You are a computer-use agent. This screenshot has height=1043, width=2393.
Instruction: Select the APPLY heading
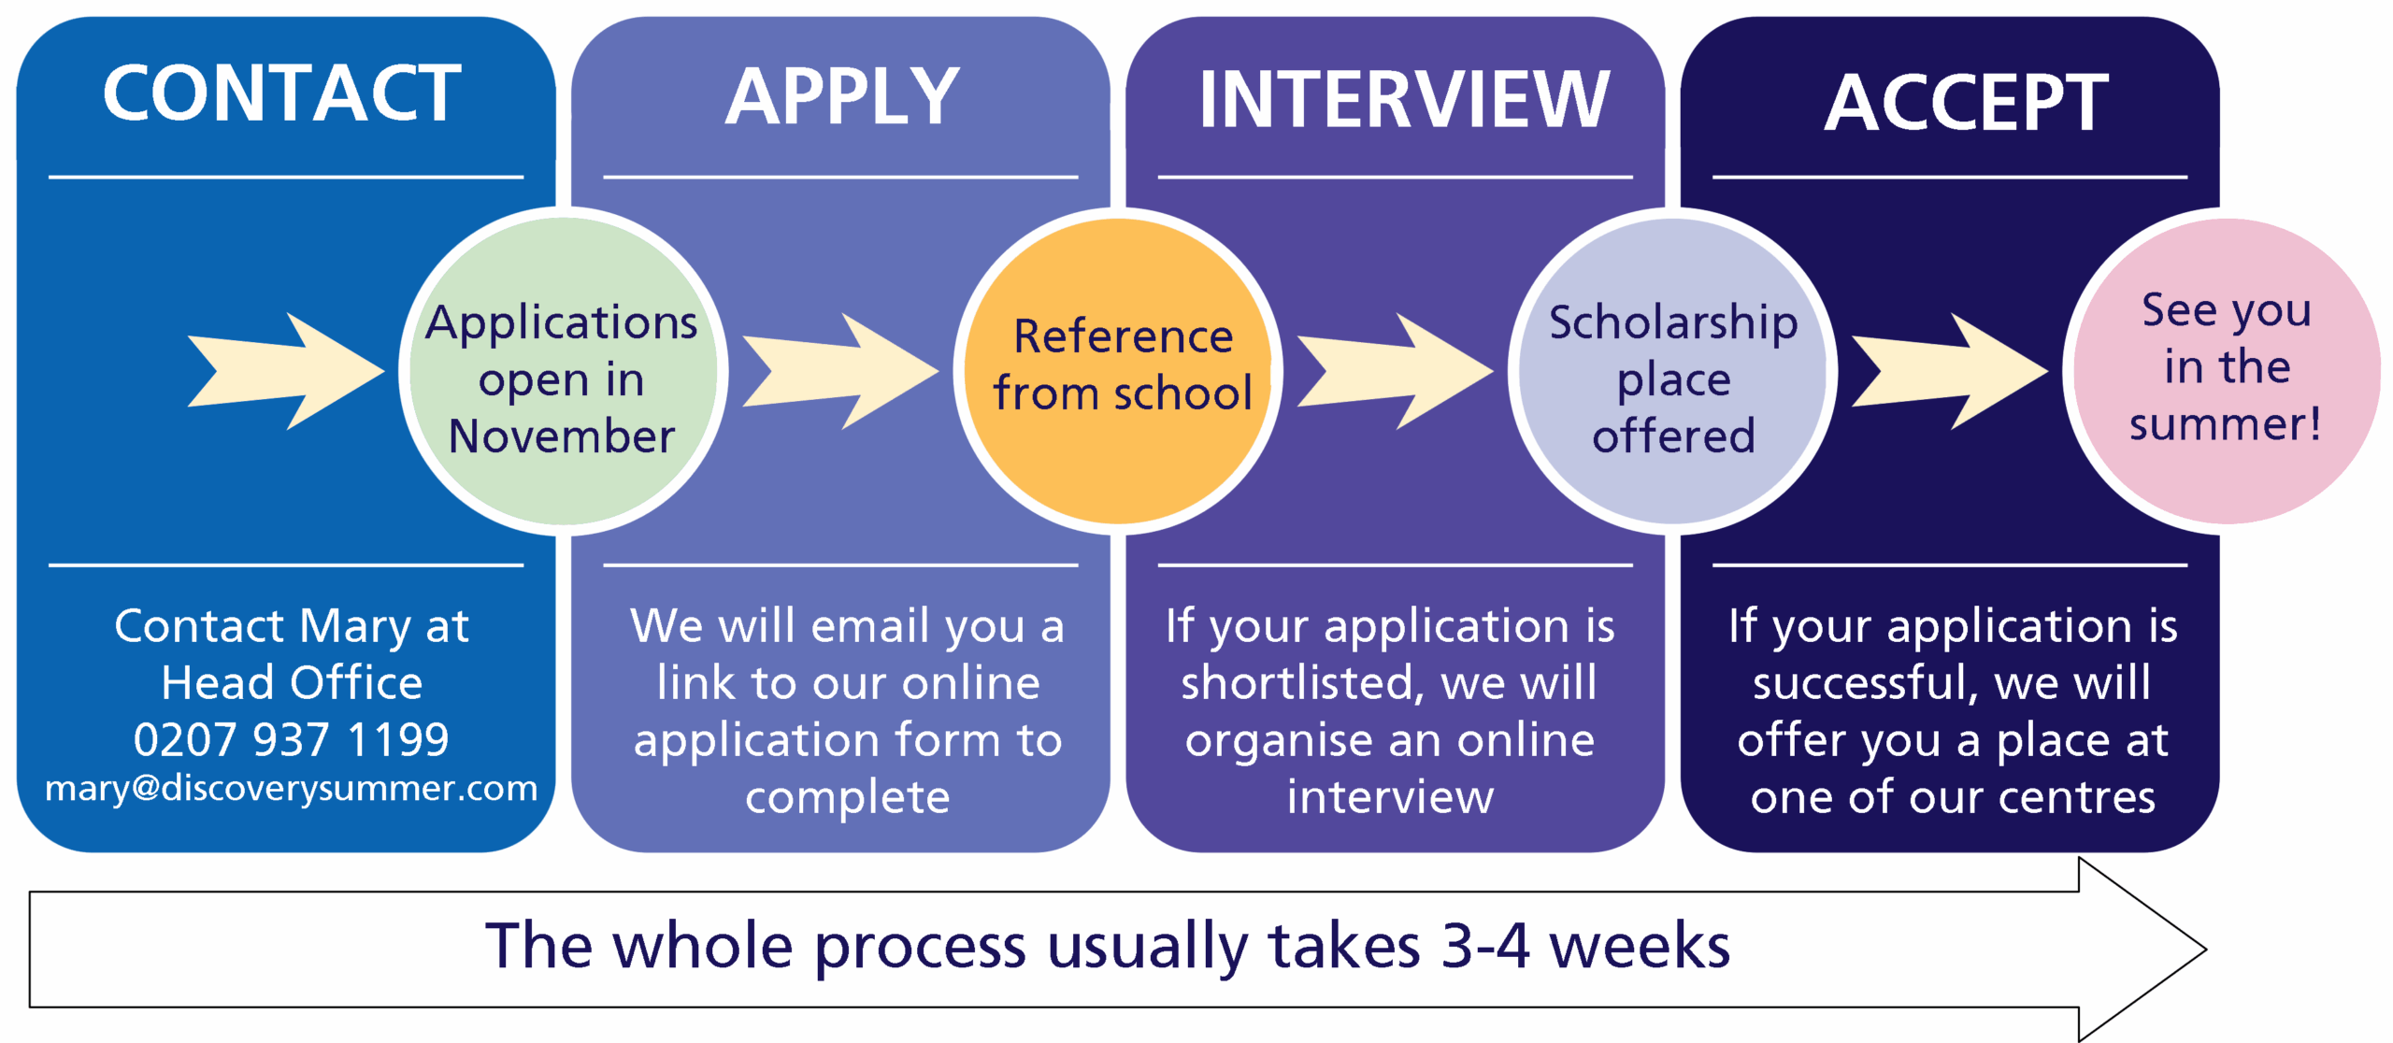[842, 96]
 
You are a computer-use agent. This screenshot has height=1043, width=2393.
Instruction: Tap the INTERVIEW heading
[1404, 100]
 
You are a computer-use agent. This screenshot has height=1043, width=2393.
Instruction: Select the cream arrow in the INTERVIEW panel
[1394, 371]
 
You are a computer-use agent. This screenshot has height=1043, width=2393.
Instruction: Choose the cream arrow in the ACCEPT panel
[1948, 371]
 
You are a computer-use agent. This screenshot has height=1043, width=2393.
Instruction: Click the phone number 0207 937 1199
[291, 739]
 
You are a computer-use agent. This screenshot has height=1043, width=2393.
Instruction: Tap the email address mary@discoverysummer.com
[291, 788]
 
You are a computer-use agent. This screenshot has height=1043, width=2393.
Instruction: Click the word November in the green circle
[562, 436]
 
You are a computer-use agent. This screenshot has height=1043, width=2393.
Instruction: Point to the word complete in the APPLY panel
[847, 797]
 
